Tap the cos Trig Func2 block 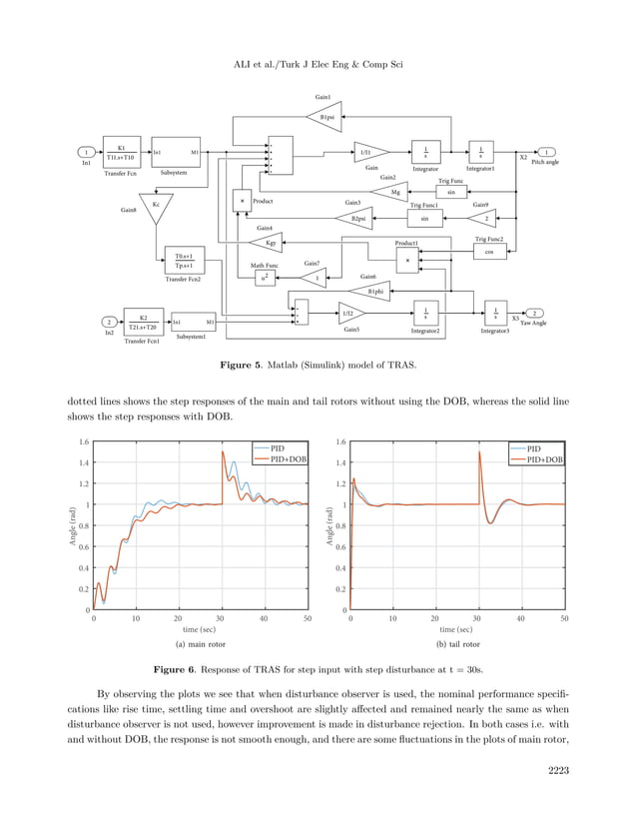point(489,252)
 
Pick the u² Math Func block point(264,279)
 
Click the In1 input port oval point(88,152)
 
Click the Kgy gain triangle point(271,241)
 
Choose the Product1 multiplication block point(407,260)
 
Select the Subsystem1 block point(192,322)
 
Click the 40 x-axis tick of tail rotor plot point(521,619)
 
